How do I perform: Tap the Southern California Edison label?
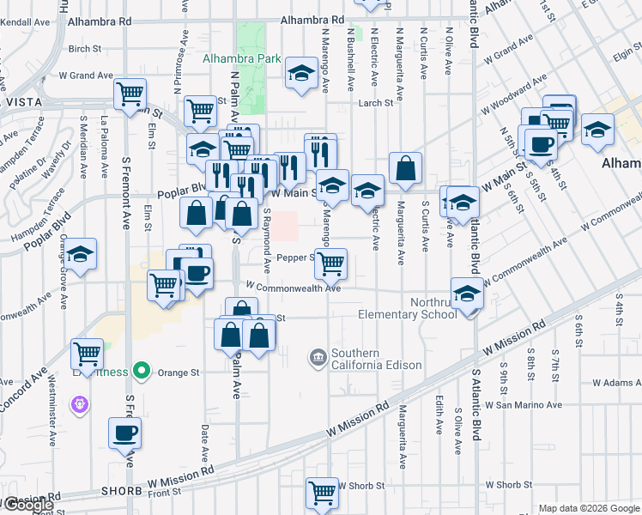(376, 359)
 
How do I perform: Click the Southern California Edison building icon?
(318, 355)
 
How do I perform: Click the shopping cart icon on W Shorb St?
(322, 493)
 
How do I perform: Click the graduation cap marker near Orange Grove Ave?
(82, 255)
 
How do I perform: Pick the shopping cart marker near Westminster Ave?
(88, 352)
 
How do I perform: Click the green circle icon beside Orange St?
(142, 373)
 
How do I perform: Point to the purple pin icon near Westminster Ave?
(82, 403)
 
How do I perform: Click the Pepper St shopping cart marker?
(330, 263)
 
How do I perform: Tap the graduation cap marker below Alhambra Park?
(301, 74)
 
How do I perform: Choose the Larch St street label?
(376, 103)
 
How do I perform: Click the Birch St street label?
(84, 49)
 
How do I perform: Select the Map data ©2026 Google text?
(589, 508)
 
